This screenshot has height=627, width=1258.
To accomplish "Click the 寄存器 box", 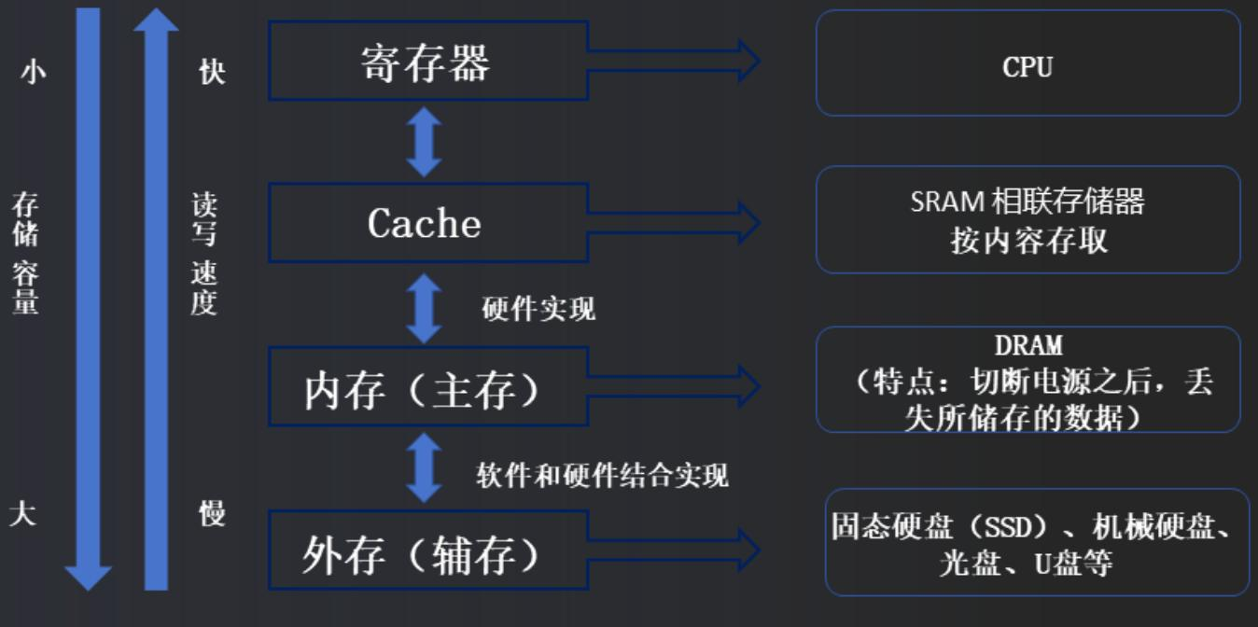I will pos(427,62).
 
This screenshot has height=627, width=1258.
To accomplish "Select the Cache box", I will pos(427,222).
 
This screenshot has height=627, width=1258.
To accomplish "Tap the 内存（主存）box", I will pos(427,387).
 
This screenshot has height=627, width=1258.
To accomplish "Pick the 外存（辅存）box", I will pos(427,551).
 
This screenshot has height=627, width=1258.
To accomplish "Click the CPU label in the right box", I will pos(1027,66).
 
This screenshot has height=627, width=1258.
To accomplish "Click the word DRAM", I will pos(1027,346).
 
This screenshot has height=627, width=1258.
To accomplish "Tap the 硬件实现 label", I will pos(538,309).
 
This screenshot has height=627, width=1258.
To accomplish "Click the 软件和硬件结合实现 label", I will pos(602,476).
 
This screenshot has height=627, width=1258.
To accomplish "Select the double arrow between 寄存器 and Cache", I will pos(425,142).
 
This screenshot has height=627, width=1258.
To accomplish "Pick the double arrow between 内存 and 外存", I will pos(425,467).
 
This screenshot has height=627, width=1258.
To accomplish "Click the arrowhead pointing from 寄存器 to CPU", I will pos(748,62).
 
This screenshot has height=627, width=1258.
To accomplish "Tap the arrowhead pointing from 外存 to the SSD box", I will pos(748,550).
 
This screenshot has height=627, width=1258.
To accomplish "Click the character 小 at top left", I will pos(33,72).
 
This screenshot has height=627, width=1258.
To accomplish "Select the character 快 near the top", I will pos(212,72).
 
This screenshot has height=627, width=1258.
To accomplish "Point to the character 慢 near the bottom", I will pos(212,513).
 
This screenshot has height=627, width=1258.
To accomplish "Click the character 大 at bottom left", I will pos(23,513).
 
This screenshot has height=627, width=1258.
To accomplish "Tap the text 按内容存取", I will pos(1027,241).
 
